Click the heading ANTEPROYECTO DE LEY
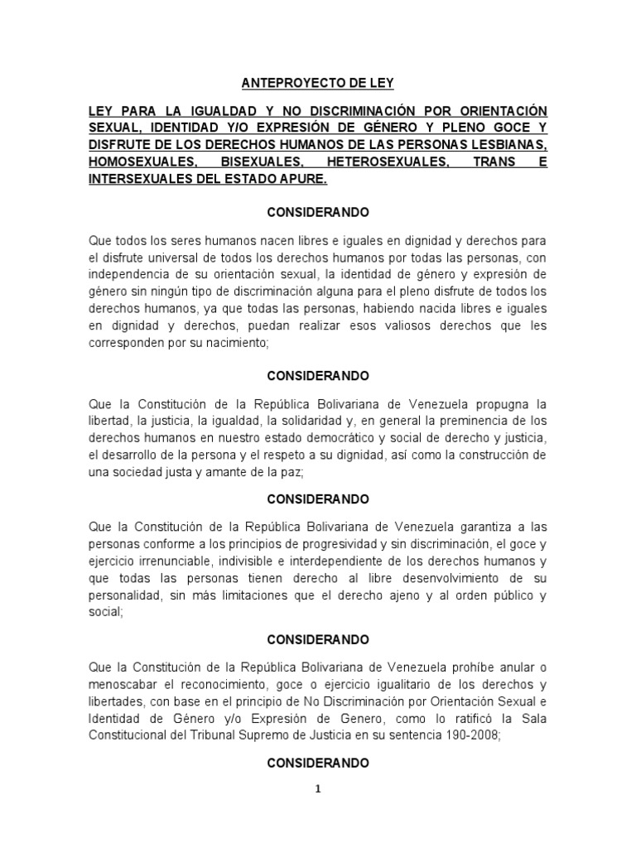(x=318, y=83)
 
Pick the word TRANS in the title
(x=494, y=162)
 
